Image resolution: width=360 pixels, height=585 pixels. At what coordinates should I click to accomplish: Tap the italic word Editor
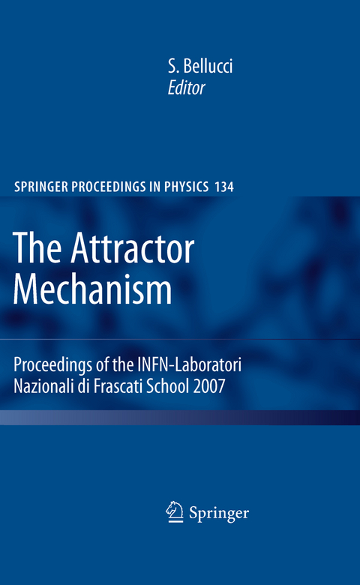(187, 89)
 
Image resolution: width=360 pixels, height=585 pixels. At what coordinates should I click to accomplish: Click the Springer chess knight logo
(173, 512)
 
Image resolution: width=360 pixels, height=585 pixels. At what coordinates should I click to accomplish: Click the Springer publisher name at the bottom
(218, 514)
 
